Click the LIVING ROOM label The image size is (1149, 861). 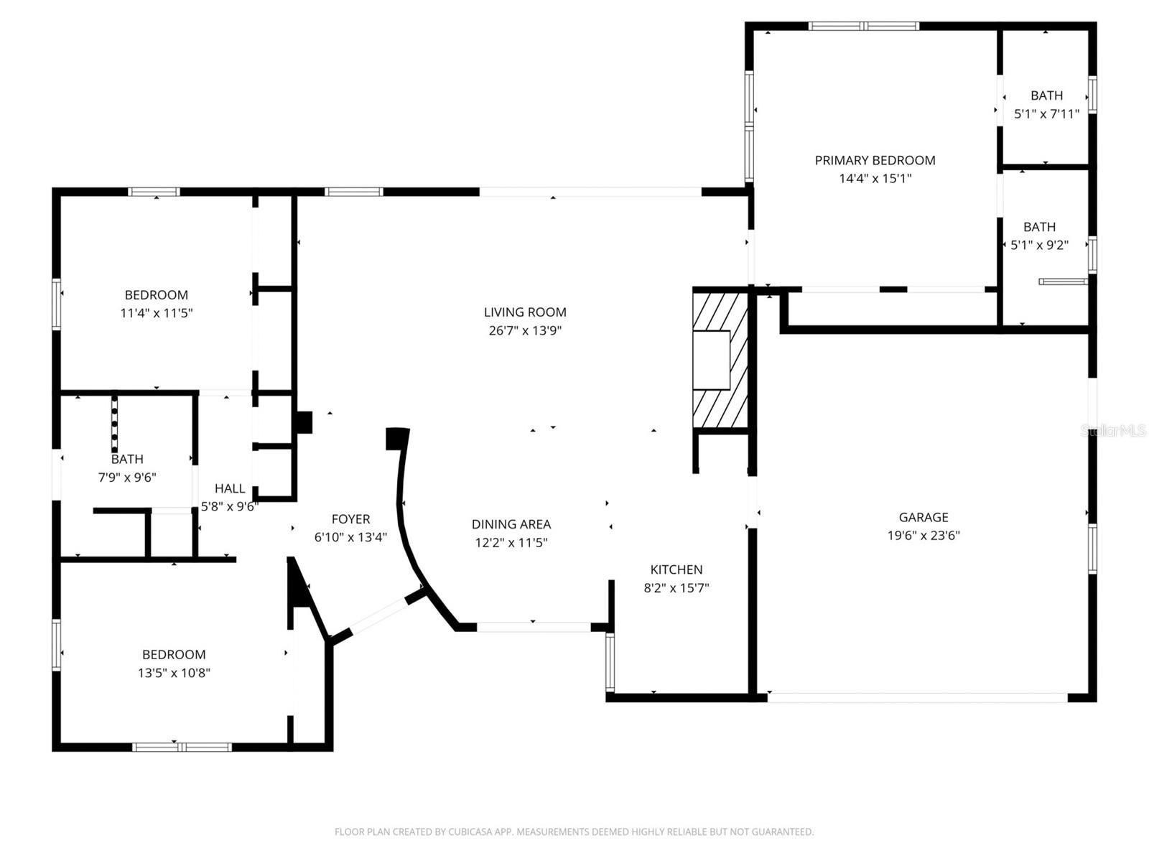pos(525,312)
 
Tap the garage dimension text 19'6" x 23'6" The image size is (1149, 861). pos(924,535)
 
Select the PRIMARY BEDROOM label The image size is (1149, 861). pos(875,160)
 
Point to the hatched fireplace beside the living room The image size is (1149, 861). pos(720,359)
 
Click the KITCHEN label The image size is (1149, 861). pos(676,569)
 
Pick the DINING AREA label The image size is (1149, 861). pos(511,524)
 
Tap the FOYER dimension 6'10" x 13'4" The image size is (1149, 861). pos(350,537)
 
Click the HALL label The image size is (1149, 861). pos(230,488)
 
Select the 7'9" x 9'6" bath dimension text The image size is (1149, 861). pos(127,477)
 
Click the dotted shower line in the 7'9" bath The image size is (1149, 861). pos(114,424)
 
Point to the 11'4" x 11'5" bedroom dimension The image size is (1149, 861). pos(157,313)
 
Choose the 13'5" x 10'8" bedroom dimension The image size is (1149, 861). pos(174,673)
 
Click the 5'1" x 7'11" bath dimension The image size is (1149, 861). pos(1046,113)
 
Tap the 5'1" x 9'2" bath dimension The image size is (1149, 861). pos(1039,245)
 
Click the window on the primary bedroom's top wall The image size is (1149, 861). pos(863,27)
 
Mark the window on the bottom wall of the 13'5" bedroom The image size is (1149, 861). pos(182,747)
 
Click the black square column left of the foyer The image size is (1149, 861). pos(304,422)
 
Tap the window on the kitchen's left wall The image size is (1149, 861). pos(610,661)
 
